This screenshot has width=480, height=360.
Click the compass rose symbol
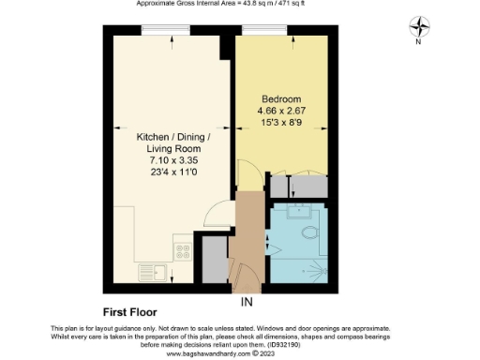421,27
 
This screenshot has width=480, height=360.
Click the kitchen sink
153,273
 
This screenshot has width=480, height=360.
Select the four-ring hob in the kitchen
182,251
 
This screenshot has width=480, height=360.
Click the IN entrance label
247,302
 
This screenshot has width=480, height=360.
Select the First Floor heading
129,311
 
